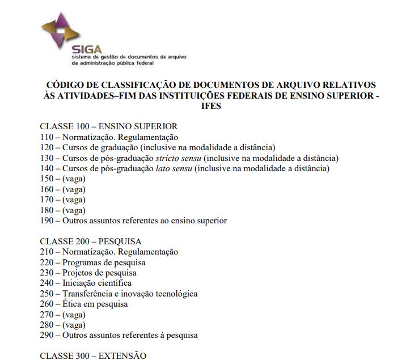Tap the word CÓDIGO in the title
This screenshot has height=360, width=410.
pyautogui.click(x=65, y=85)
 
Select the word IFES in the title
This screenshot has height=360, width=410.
pyautogui.click(x=210, y=106)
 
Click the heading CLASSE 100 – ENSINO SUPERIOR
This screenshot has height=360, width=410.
pyautogui.click(x=108, y=126)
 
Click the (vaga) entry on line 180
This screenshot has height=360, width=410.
pyautogui.click(x=74, y=210)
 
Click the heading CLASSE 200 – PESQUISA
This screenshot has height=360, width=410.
pyautogui.click(x=90, y=242)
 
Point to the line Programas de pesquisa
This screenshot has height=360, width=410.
pyautogui.click(x=104, y=262)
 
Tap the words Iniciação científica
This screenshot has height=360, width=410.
pyautogui.click(x=97, y=283)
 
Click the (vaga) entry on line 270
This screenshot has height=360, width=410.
pyautogui.click(x=74, y=314)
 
